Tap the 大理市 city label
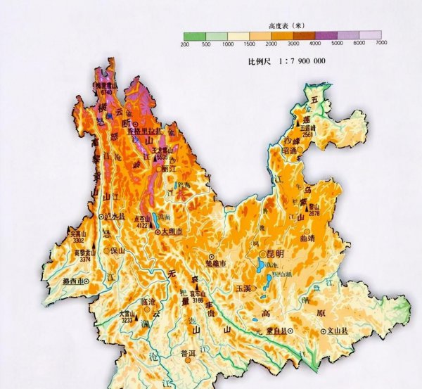click(171, 231)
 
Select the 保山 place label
click(117, 250)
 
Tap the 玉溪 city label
click(243, 288)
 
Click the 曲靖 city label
click(328, 238)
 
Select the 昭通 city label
click(293, 150)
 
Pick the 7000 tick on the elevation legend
click(381, 44)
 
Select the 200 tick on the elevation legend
click(184, 44)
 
